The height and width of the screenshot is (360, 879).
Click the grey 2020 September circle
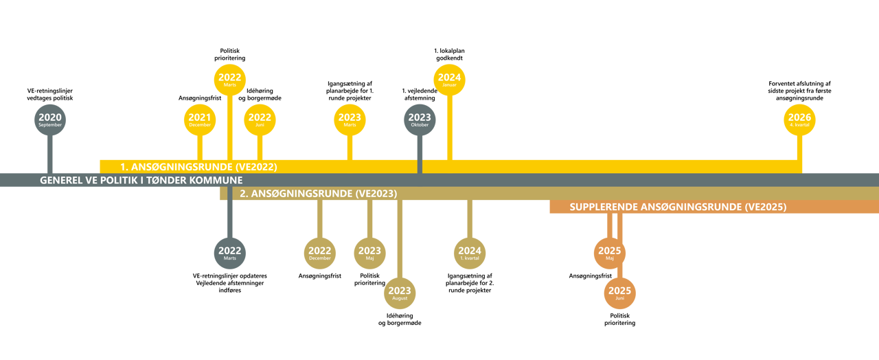click(x=50, y=120)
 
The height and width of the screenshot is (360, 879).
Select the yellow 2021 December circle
click(x=200, y=120)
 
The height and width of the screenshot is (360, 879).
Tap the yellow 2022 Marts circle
click(x=230, y=80)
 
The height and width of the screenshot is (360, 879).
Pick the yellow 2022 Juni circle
click(x=260, y=120)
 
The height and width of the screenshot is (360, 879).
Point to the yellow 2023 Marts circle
click(x=350, y=120)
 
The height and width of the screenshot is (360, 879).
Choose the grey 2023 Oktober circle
click(x=420, y=120)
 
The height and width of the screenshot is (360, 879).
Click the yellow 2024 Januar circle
click(x=450, y=80)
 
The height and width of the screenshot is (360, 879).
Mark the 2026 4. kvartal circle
click(x=799, y=120)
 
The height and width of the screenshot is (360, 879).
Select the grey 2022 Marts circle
click(x=230, y=253)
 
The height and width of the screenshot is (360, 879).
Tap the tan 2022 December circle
click(x=320, y=253)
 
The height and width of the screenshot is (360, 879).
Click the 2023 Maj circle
click(x=369, y=253)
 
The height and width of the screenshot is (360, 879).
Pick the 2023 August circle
click(x=400, y=293)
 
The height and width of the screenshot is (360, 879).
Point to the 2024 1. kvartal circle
click(x=470, y=253)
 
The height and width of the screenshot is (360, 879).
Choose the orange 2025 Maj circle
click(x=610, y=253)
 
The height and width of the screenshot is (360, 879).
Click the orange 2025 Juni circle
click(x=619, y=293)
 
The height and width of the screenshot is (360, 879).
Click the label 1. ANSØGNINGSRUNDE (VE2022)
click(x=198, y=166)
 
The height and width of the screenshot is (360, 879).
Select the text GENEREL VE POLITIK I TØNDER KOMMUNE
click(x=141, y=180)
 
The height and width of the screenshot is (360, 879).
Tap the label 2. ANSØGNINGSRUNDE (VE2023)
click(x=318, y=194)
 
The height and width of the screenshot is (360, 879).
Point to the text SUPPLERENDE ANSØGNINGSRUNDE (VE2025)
click(x=678, y=207)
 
